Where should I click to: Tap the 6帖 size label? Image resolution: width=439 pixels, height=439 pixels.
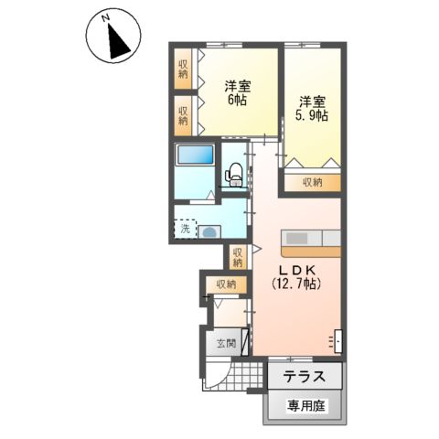pyautogui.click(x=237, y=101)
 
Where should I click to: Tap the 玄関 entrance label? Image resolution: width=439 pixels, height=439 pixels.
pyautogui.click(x=226, y=345)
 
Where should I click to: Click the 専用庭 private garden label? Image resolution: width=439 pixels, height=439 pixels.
pyautogui.click(x=305, y=404)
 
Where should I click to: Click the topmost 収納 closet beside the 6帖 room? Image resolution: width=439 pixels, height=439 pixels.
pyautogui.click(x=184, y=70)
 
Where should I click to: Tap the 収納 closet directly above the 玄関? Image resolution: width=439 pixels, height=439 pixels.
pyautogui.click(x=226, y=284)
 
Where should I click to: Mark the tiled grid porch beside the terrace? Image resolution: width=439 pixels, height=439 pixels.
pyautogui.click(x=247, y=375)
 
